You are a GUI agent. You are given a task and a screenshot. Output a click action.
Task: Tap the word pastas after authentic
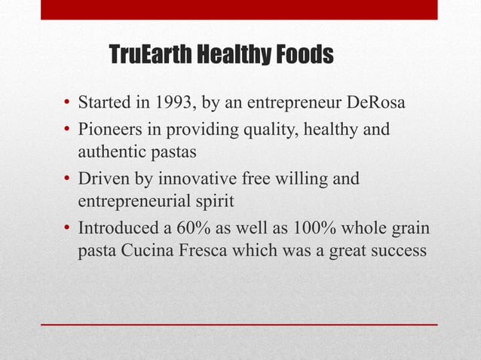click(173, 153)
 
